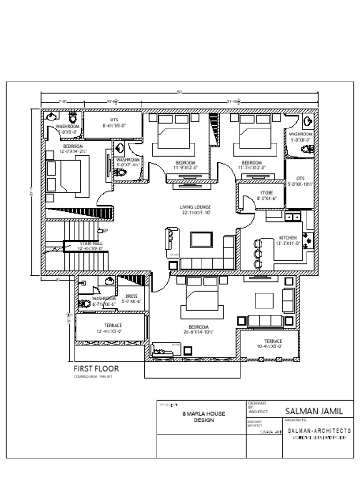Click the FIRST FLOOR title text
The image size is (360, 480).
coord(96,369)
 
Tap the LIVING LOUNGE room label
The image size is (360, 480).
coord(195,207)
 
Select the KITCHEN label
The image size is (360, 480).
coord(288,238)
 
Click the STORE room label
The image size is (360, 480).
coord(266,193)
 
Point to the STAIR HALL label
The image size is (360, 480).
coord(90,244)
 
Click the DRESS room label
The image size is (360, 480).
coord(131,296)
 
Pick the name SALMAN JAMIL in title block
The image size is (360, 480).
coord(314,411)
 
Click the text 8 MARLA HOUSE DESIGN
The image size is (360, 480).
coord(203,417)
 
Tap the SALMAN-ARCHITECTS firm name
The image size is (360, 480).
coord(319,430)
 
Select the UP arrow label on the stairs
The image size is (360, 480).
coord(105,231)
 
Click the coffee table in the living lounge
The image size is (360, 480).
coord(201,239)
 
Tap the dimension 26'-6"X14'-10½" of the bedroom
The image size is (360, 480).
coord(199,332)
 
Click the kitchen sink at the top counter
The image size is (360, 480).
coord(293,217)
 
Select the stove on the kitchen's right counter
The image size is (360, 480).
coord(309,239)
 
